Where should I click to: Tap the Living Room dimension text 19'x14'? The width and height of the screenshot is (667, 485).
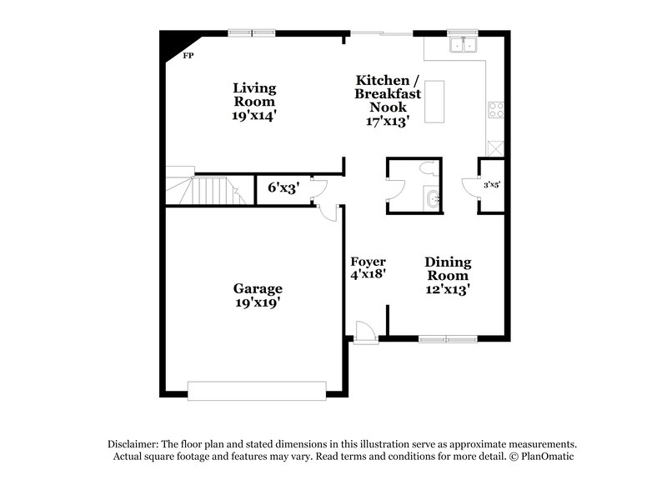tap(254, 116)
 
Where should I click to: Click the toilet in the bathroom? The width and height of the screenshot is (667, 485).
tap(427, 168)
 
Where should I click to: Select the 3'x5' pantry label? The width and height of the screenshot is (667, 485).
tap(492, 185)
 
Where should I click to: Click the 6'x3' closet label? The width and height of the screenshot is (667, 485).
tap(283, 188)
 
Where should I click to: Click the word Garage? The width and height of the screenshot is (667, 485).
tap(257, 289)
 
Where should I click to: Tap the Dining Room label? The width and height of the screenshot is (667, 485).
tap(448, 268)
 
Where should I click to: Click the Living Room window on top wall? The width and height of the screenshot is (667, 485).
tap(252, 32)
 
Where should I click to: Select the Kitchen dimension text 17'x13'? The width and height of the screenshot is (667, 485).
tap(387, 121)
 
